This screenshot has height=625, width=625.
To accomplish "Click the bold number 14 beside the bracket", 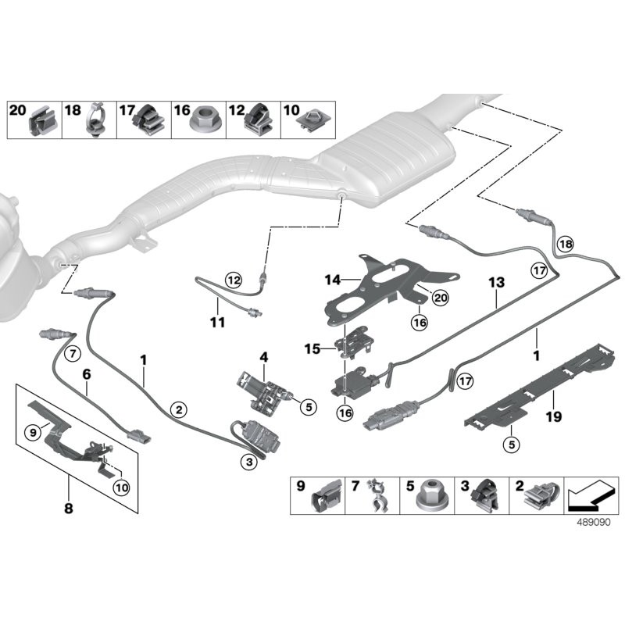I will [x=333, y=277].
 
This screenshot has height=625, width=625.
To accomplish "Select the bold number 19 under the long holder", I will [x=552, y=417].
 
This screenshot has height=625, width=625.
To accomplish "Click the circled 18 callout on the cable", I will [x=566, y=244].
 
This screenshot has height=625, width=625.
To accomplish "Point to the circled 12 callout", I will [x=232, y=277].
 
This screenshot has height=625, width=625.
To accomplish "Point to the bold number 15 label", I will [x=310, y=348].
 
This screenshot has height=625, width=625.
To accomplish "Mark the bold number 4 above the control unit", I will [x=264, y=357].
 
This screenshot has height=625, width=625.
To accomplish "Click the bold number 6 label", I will [x=87, y=375].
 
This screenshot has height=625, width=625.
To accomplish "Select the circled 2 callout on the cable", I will [x=179, y=409].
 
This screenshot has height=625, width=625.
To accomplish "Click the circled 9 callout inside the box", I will [x=33, y=430].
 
